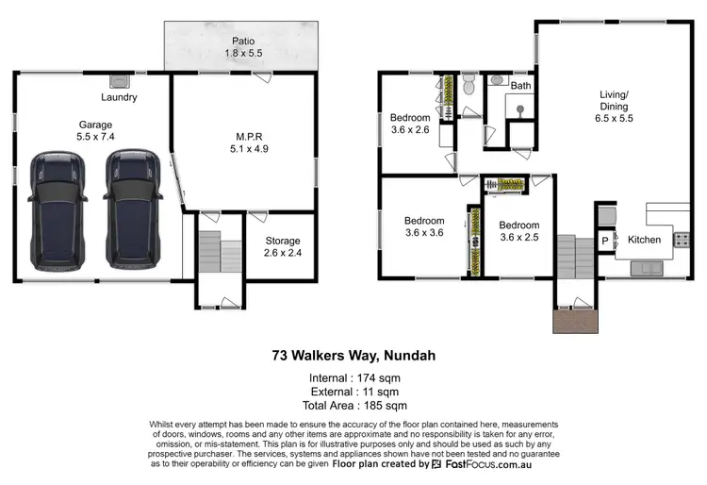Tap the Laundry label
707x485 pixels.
point(119,97)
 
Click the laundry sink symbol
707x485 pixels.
point(120,81)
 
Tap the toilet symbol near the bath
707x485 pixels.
point(469,86)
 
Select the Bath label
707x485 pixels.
point(520,86)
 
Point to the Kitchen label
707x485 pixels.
point(645,240)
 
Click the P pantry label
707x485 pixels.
point(605,241)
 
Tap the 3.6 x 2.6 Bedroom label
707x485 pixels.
point(410,124)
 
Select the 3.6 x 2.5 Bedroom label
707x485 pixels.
point(519,231)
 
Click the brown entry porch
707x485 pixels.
point(576,321)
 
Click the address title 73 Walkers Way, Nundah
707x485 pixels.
point(352,356)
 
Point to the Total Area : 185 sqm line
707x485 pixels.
point(352,405)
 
